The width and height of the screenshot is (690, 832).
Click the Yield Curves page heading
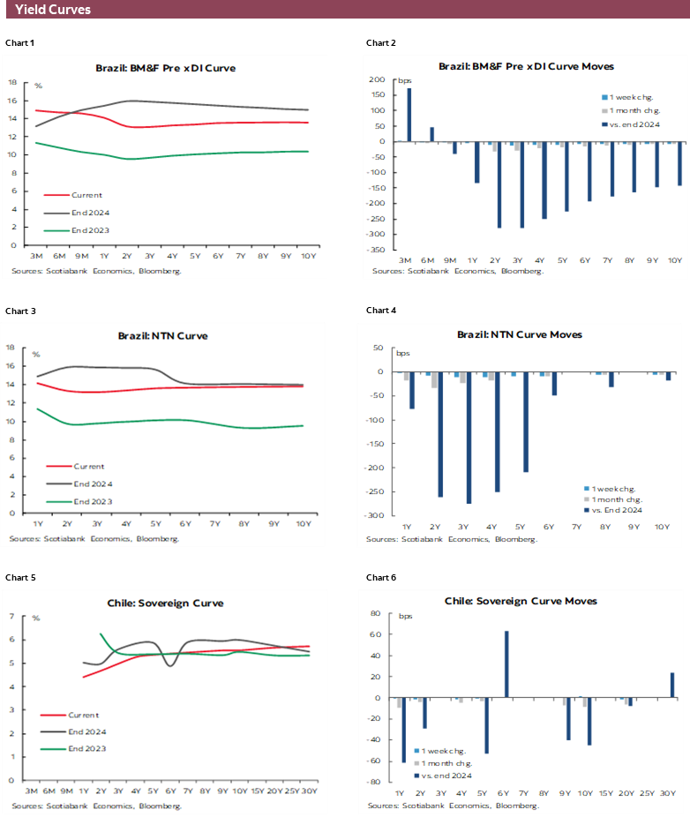[x=53, y=10]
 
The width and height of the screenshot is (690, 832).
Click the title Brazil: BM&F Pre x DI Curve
[x=166, y=68]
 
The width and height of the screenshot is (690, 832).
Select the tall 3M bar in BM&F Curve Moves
[x=409, y=115]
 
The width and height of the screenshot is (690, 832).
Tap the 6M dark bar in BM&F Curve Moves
[x=431, y=134]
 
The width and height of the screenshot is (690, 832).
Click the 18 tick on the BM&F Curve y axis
[x=12, y=82]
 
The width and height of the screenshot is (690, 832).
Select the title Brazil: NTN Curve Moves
[x=520, y=335]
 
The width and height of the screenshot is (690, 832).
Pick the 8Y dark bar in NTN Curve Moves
[x=611, y=379]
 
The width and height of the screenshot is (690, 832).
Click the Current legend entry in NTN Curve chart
[x=87, y=466]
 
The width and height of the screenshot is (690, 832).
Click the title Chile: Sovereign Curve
[x=166, y=603]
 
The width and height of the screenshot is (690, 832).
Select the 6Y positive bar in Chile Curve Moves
[x=506, y=664]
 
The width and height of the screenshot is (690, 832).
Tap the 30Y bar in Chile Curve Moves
[x=672, y=686]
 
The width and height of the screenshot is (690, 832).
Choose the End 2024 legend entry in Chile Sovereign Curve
[x=86, y=731]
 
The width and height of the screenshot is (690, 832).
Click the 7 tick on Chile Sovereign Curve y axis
[x=11, y=616]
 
